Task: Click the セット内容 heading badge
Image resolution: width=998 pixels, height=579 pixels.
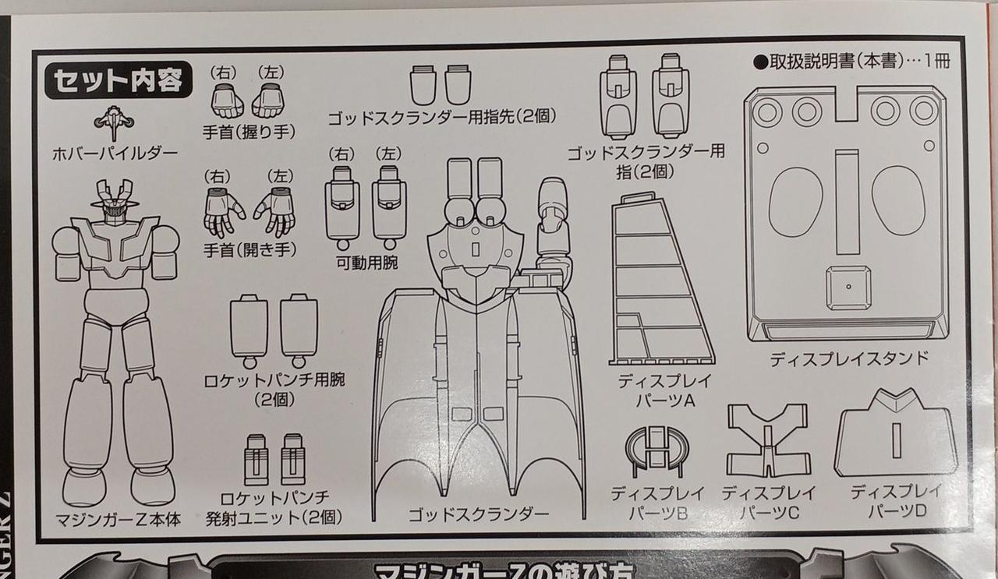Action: (118, 80)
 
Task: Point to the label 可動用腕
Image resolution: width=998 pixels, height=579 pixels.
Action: (366, 263)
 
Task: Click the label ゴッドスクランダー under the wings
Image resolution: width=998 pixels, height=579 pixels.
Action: (478, 514)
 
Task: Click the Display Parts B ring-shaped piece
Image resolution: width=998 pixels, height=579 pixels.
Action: (657, 450)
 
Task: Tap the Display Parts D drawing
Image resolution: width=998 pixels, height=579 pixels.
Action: (895, 435)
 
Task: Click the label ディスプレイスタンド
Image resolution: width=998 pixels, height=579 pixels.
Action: (849, 359)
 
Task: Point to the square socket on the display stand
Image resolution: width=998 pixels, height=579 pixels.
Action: (848, 287)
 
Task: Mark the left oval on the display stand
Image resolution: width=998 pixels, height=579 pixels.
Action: (795, 200)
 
